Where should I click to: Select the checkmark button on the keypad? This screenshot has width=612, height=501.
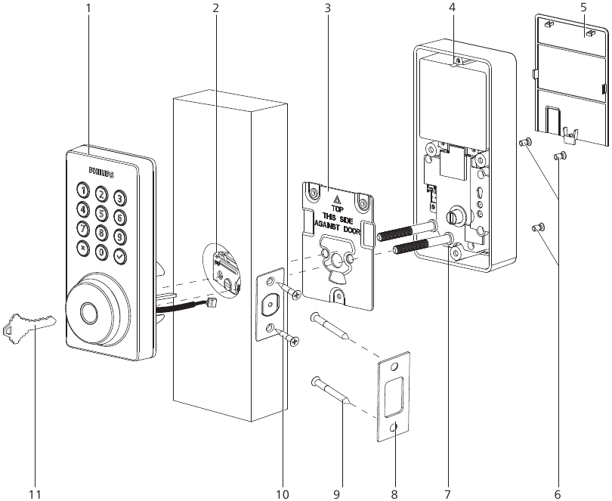pos(120,255)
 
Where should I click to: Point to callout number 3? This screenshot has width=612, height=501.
pos(327,8)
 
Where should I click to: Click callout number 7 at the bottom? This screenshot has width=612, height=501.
pos(447,494)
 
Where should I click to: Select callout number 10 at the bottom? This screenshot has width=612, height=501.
pos(283,494)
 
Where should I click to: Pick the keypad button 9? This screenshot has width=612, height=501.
pos(119,237)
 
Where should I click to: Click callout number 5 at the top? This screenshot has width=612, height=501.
pos(583,8)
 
